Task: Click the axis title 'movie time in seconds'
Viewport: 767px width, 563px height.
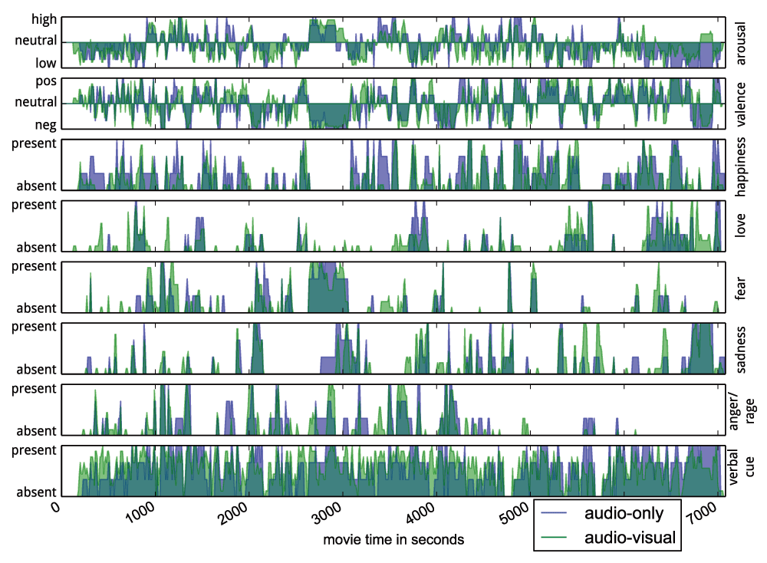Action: tap(393, 539)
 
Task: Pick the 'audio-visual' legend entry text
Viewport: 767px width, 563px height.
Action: tap(630, 538)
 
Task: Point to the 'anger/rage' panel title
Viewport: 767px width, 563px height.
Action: tap(742, 409)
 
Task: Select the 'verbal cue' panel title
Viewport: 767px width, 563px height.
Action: tap(742, 469)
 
